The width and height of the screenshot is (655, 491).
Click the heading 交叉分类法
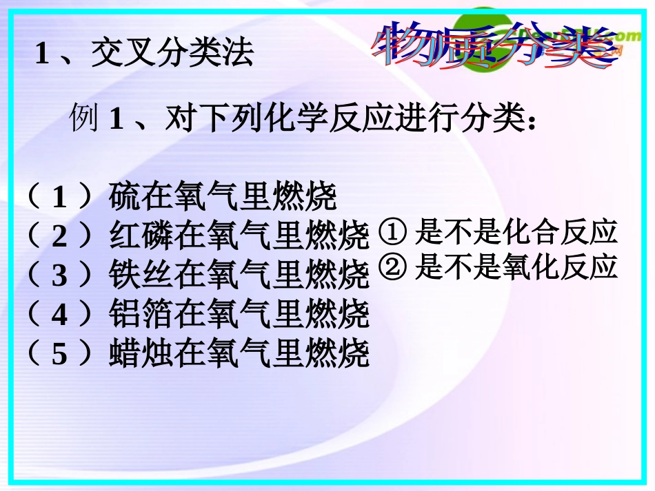coord(172,54)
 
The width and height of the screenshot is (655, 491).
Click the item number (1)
coord(59,199)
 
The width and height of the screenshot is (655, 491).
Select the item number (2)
coord(59,238)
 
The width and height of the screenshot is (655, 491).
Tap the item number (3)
coord(59,276)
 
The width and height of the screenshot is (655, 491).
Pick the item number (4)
coord(59,315)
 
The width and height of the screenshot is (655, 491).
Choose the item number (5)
coord(59,355)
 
